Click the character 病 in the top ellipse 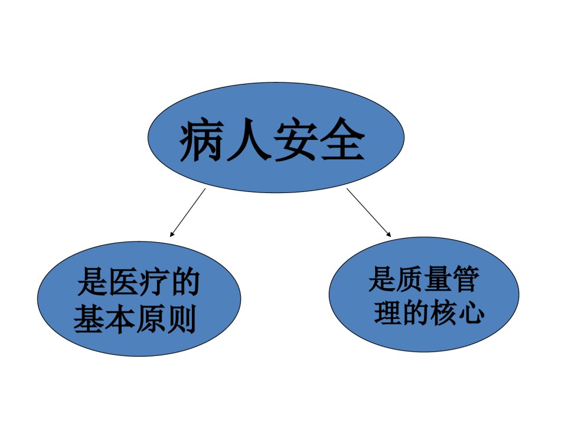[x=202, y=139]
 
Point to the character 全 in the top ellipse [x=343, y=139]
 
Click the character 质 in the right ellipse [x=410, y=279]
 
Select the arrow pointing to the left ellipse [x=188, y=213]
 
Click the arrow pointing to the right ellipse [x=369, y=213]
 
